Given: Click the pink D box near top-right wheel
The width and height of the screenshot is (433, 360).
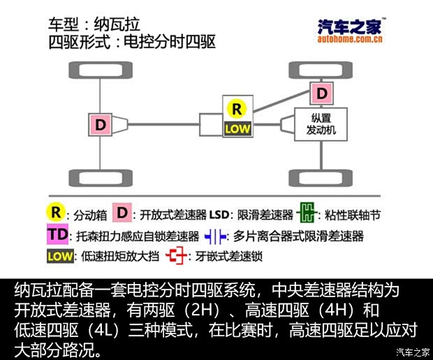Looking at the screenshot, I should coord(321,93).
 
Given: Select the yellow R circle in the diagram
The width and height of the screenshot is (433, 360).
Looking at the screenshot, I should coord(237,109).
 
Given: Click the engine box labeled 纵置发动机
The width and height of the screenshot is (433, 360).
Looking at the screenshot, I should coord(321,124).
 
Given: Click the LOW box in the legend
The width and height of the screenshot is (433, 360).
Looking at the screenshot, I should coord(60,256).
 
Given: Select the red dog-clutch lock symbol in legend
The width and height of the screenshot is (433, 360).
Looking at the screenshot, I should coord(176,256).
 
